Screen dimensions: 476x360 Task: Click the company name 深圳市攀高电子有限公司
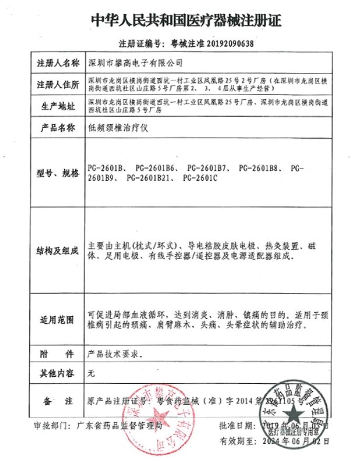135,62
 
